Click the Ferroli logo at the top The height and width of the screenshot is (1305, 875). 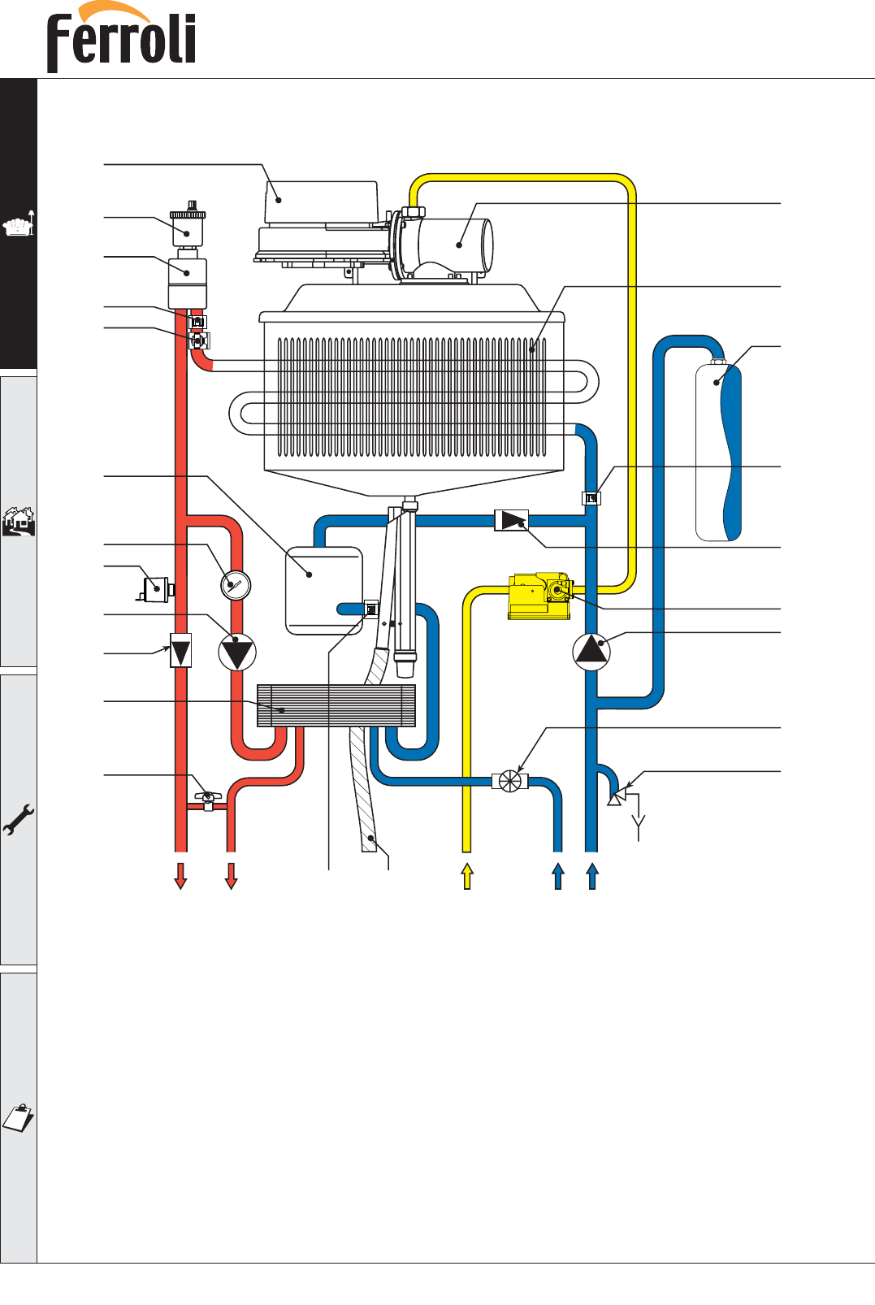(x=122, y=39)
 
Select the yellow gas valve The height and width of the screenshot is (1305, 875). (x=539, y=596)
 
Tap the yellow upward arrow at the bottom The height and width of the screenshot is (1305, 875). (x=466, y=876)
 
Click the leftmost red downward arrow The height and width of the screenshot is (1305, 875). (x=180, y=876)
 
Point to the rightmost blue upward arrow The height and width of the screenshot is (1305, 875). (x=592, y=876)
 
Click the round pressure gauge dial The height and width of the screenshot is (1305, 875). (x=236, y=585)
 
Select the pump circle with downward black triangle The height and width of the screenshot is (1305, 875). (x=237, y=652)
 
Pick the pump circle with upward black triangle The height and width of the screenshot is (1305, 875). (x=591, y=652)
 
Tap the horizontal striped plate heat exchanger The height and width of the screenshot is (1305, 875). (x=336, y=705)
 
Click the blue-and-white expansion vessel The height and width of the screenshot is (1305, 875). (x=719, y=452)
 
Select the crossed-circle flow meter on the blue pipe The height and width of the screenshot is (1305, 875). (x=509, y=781)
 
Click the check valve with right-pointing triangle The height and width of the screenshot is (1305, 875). (x=511, y=520)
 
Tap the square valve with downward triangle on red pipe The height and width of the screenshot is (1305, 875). (x=180, y=651)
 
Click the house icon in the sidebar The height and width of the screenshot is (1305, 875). (x=18, y=521)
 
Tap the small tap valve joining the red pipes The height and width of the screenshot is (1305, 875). (x=208, y=800)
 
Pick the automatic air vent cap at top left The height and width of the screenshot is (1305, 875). (x=188, y=223)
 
